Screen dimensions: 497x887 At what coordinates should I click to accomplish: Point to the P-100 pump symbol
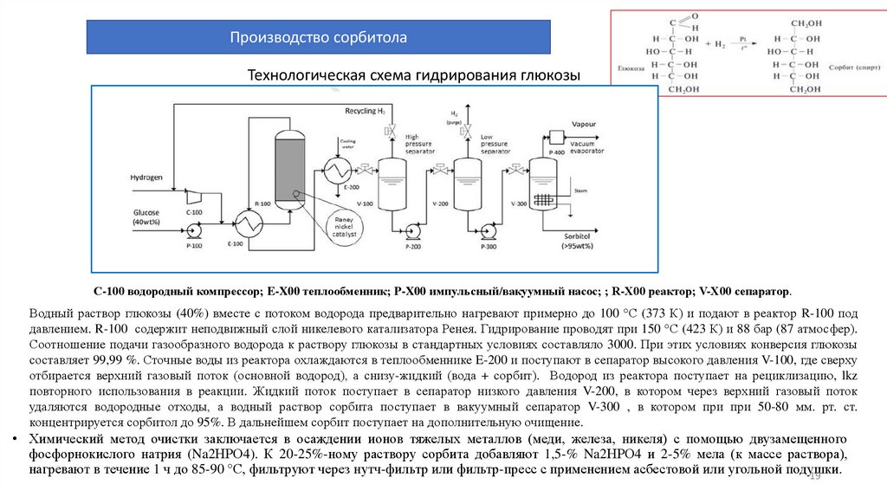pyautogui.click(x=191, y=230)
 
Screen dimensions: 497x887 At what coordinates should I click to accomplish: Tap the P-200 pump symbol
pyautogui.click(x=412, y=231)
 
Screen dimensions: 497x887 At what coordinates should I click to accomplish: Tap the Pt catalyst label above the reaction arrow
pyautogui.click(x=741, y=39)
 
